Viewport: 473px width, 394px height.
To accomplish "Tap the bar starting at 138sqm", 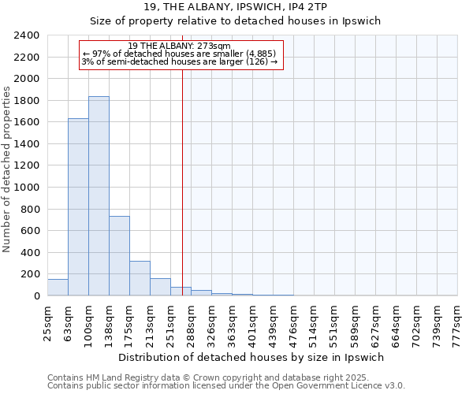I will click(119, 256).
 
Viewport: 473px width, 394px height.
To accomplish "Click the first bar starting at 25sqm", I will click(58, 288).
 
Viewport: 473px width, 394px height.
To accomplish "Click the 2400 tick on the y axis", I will click(26, 35).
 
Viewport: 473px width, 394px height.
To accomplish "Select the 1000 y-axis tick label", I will click(26, 188).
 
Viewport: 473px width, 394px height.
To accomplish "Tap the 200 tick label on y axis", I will click(29, 274).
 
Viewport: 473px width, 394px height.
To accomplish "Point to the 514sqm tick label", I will click(315, 323).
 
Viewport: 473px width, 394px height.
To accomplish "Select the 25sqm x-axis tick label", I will click(47, 323).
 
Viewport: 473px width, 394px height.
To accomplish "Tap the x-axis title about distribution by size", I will click(252, 357).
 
